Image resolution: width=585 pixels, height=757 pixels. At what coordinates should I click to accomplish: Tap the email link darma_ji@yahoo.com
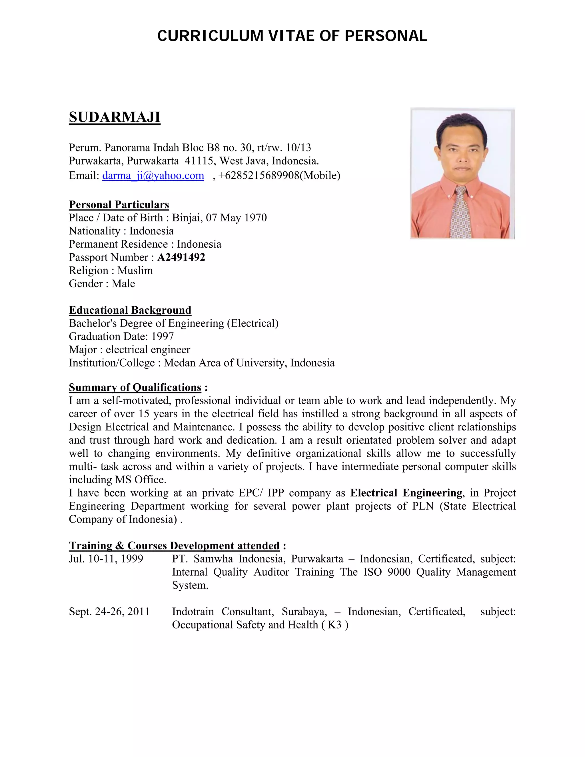(153, 175)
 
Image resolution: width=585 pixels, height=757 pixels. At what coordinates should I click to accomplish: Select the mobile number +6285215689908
(259, 175)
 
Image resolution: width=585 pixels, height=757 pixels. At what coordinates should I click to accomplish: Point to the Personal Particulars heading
(119, 205)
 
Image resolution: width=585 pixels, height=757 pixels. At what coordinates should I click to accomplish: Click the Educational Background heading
(130, 310)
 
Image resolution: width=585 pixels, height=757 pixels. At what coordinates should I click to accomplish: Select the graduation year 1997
(163, 336)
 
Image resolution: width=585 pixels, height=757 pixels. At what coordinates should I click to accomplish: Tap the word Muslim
(135, 270)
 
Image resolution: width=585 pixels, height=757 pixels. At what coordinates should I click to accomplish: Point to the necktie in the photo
(460, 211)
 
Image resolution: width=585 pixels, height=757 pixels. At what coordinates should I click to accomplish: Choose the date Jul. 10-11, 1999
(106, 559)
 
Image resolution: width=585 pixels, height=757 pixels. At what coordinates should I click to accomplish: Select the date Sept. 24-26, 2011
(109, 611)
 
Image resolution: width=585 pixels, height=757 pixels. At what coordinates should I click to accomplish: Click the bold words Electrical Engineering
(406, 493)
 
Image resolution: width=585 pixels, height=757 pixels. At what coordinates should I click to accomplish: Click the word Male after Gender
(123, 284)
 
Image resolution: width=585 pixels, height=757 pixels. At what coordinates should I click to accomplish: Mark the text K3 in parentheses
(334, 624)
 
